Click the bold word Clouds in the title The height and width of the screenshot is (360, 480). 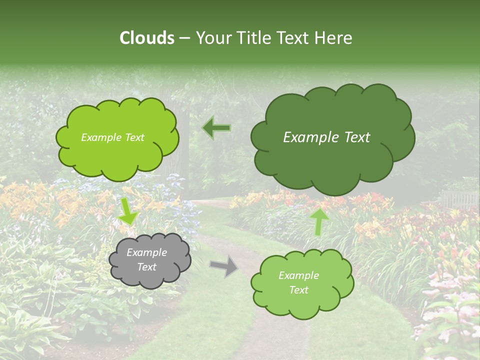tap(146, 38)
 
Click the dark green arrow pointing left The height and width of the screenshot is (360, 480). tap(216, 128)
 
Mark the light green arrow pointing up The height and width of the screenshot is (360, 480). tap(318, 221)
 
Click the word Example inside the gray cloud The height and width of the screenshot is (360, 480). tap(146, 252)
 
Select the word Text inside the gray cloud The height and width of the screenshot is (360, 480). tap(146, 267)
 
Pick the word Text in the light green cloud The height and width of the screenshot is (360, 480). tap(298, 290)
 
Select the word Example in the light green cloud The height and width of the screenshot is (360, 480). tap(298, 275)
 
